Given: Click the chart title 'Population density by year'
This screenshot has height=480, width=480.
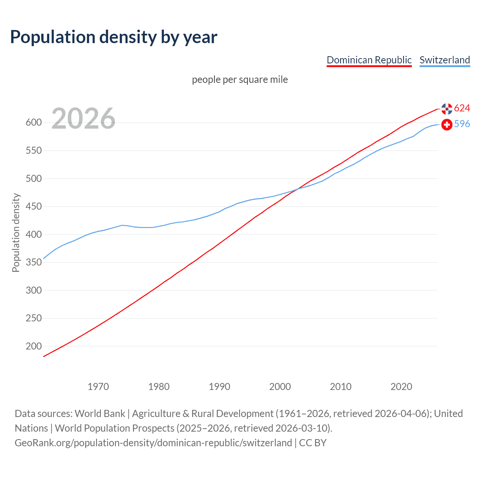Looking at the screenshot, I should click(114, 37).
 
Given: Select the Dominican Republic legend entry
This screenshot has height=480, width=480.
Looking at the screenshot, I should click(369, 60).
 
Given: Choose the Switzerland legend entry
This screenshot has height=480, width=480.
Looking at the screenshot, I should click(444, 60).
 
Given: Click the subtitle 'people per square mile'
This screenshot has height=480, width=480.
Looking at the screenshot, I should click(240, 79).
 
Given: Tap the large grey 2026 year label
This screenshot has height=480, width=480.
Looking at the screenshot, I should click(83, 118).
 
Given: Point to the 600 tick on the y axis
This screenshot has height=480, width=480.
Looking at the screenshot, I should click(34, 123).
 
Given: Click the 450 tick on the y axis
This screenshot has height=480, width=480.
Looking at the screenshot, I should click(34, 207).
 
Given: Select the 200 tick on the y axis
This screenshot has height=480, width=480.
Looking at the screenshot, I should click(34, 346).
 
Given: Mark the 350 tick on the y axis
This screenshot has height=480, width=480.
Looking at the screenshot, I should click(34, 262).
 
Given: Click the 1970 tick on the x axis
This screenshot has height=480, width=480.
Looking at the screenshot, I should click(98, 387).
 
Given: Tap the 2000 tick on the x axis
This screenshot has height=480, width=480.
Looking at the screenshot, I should click(280, 387).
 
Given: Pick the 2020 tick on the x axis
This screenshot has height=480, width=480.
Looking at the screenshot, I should click(401, 387).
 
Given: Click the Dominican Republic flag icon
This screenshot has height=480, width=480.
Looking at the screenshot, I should click(447, 109).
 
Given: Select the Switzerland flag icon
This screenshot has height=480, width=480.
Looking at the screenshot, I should click(447, 124).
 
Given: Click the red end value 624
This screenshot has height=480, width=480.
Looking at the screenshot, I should click(462, 108).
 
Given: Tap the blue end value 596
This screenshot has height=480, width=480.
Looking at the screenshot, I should click(462, 124).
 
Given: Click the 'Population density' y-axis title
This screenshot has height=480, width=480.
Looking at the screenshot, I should click(16, 232).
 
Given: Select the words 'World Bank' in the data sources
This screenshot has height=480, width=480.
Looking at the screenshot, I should click(100, 414).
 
